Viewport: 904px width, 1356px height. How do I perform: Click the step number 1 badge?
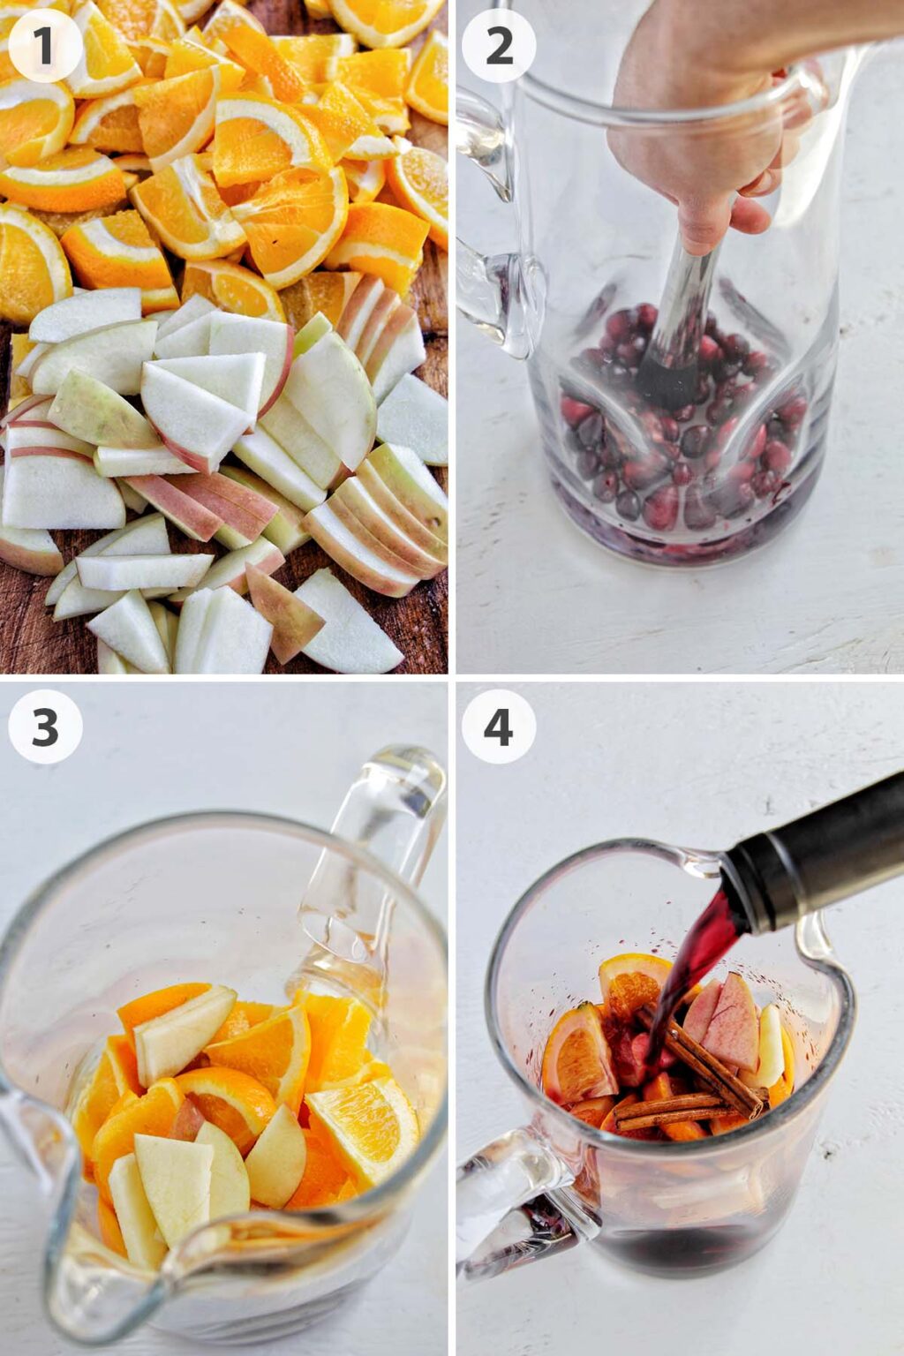(x=45, y=46)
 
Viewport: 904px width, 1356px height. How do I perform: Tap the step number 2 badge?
(x=499, y=46)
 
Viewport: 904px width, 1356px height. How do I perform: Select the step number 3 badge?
(x=45, y=727)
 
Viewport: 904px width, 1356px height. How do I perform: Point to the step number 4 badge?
(x=499, y=727)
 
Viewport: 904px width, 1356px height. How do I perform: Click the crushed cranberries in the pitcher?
(x=680, y=441)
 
